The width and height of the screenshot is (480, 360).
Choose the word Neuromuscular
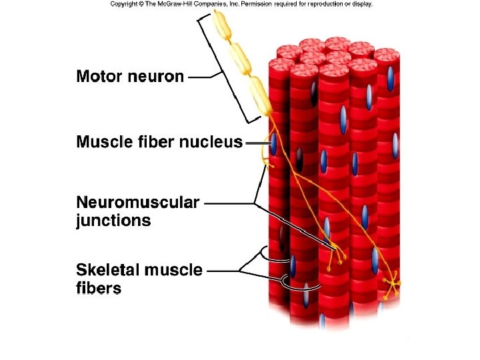tap(137, 203)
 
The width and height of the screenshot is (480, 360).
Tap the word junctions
tap(113, 221)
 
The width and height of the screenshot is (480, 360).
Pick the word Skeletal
tap(108, 271)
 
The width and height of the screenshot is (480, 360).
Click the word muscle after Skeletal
tap(173, 271)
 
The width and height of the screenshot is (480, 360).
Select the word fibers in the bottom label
tap(98, 289)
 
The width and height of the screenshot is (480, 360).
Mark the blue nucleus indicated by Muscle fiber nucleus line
tap(273, 143)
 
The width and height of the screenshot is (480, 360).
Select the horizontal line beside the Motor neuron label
tap(199, 77)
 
